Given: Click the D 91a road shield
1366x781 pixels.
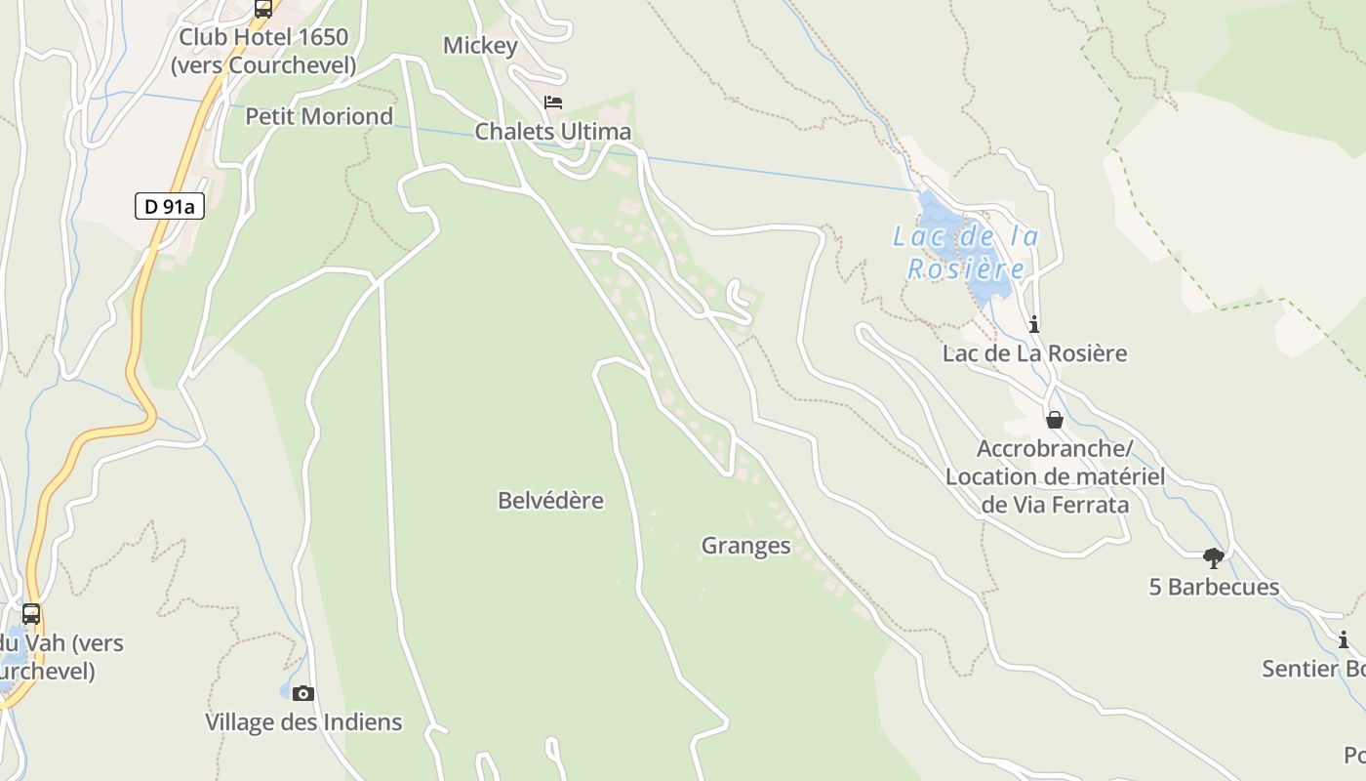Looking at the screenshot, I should (x=169, y=206).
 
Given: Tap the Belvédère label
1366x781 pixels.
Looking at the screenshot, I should (x=550, y=501).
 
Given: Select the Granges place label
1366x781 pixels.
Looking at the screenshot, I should (x=745, y=546).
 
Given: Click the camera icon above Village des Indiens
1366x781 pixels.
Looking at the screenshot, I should (x=303, y=693).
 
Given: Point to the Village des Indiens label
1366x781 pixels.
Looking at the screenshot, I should (x=303, y=722).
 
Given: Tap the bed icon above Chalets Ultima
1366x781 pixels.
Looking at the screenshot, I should (x=553, y=103).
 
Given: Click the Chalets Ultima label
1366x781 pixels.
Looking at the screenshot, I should (x=552, y=132).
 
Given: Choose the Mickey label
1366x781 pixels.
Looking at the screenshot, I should (x=480, y=46).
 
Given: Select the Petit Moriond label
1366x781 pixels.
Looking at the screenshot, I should (x=319, y=116).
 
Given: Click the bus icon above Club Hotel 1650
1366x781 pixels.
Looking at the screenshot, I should (x=262, y=9).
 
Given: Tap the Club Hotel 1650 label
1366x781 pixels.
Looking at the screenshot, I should (x=263, y=38).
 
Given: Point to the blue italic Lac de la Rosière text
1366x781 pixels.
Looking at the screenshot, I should (x=966, y=252).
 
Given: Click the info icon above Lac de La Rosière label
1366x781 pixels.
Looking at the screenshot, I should (x=1034, y=324).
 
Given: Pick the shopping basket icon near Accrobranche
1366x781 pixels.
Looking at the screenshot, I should (x=1055, y=420).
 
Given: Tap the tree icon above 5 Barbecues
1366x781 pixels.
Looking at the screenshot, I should (x=1214, y=558).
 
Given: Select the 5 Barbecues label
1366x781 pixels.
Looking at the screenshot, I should (x=1214, y=587).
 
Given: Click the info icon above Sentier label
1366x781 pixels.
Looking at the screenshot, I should (x=1344, y=640).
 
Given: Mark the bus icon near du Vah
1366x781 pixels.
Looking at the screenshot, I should (x=31, y=614).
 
